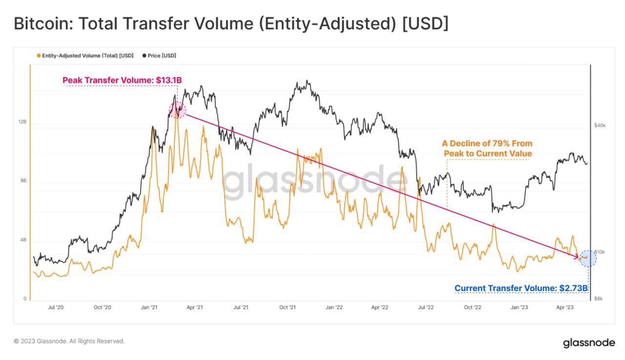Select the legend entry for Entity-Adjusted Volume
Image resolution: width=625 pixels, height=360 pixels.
(x=85, y=56)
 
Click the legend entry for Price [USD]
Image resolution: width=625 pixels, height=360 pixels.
(x=159, y=56)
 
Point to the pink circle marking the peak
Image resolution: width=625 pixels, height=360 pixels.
(x=177, y=110)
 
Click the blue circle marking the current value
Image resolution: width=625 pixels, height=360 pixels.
(x=588, y=258)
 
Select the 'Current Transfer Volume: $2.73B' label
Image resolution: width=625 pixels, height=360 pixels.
(x=521, y=288)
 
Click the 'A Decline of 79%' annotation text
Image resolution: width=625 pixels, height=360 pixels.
(x=487, y=148)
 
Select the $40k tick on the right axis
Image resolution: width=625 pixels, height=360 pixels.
(x=600, y=126)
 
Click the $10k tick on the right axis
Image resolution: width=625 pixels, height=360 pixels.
(x=600, y=252)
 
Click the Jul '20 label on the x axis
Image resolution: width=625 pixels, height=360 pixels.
(x=56, y=307)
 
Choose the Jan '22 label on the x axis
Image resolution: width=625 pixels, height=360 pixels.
(x=333, y=307)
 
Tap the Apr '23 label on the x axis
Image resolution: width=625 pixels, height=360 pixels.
(x=565, y=307)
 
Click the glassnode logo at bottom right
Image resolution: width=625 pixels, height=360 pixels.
(x=589, y=342)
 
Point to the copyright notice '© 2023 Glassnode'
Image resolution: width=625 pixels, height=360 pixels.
(x=69, y=341)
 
